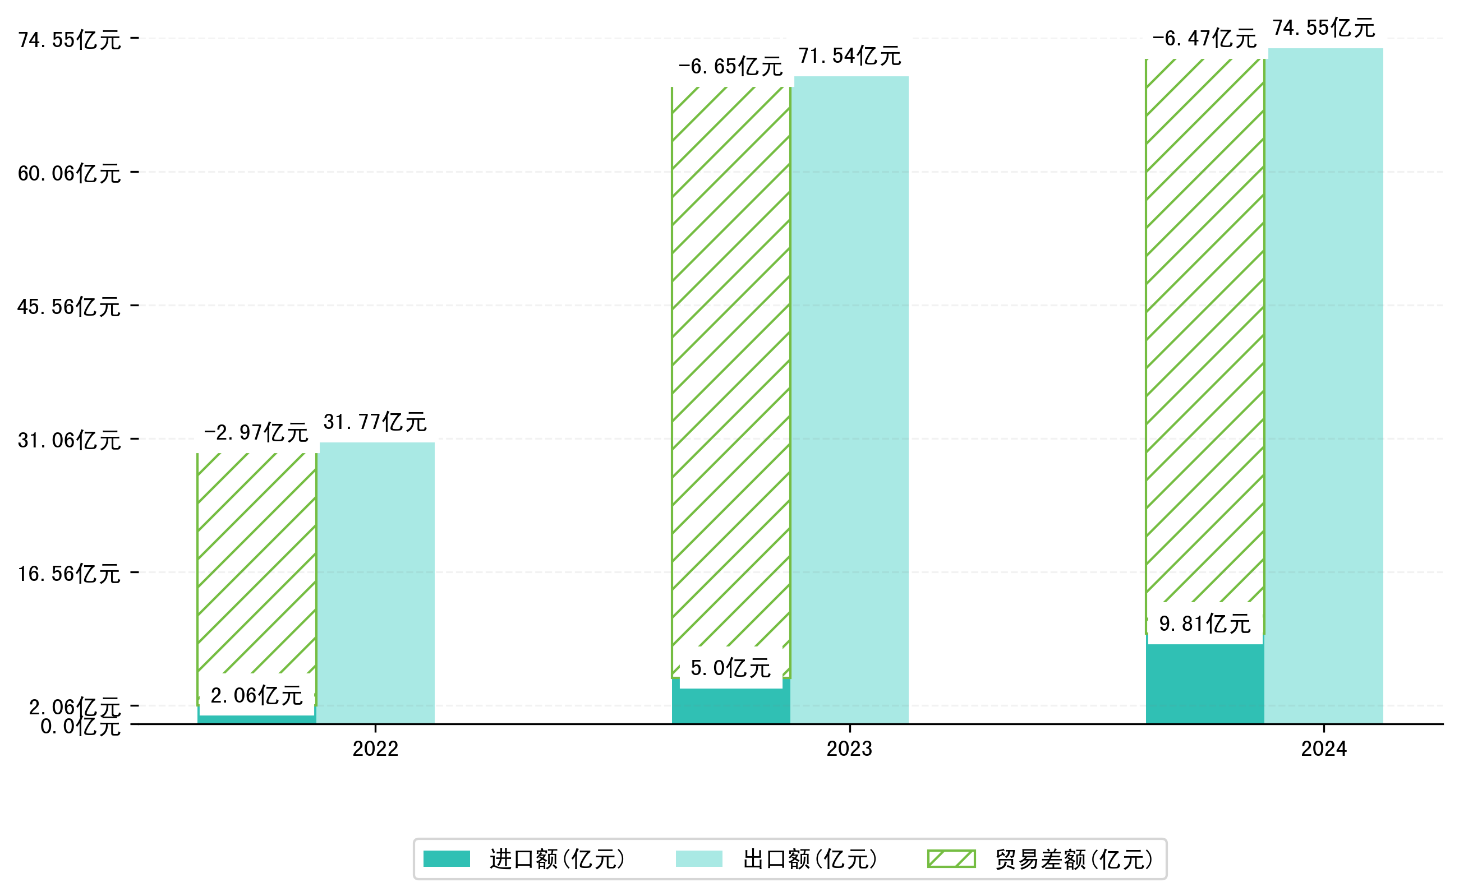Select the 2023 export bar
852,400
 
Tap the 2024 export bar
1325,385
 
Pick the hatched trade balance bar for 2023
731,367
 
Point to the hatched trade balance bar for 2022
257,563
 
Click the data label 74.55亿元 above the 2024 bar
1324,28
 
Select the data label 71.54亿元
850,56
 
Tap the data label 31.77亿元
375,422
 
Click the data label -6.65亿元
730,66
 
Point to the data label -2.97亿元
256,433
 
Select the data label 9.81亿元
1205,624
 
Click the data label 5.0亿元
730,668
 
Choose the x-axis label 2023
850,749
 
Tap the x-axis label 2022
375,749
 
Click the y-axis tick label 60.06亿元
70,174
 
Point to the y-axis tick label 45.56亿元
70,307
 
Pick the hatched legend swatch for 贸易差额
951,858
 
